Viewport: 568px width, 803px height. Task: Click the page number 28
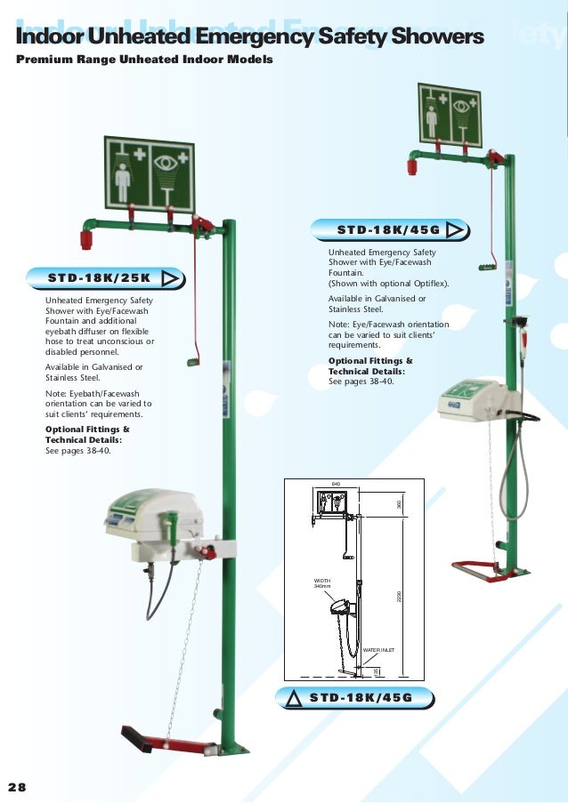[18, 787]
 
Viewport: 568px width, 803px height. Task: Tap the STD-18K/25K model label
[101, 277]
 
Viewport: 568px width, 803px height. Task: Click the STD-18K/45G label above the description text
[389, 230]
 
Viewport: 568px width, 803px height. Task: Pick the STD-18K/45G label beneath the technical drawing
[360, 697]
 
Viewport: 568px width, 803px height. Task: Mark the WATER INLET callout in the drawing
[377, 650]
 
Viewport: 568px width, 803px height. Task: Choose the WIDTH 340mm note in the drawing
[321, 583]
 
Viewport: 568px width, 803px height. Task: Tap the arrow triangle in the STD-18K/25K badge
[172, 277]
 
